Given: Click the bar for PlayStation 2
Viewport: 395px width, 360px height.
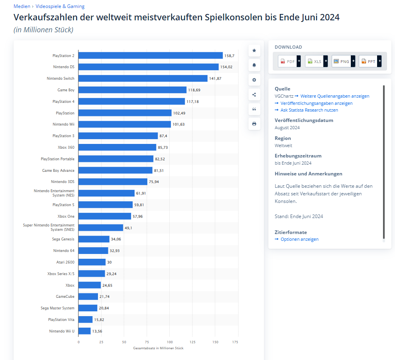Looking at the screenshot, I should [x=151, y=55].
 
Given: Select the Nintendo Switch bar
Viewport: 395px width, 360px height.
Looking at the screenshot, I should [x=143, y=79].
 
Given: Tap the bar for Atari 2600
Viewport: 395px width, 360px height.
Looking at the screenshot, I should [x=92, y=262].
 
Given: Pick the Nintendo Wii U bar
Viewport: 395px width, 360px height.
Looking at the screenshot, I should [x=84, y=331].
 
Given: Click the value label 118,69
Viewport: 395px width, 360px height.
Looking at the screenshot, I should [x=194, y=90].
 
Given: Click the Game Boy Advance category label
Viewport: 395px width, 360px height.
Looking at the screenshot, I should [x=58, y=171].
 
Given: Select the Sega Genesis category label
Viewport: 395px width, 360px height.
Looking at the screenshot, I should [x=63, y=239].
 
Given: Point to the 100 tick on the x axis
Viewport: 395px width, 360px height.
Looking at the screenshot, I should [x=170, y=342].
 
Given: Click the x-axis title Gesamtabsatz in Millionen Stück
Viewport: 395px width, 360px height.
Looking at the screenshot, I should [x=158, y=348].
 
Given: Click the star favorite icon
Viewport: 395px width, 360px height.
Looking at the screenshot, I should [x=254, y=51].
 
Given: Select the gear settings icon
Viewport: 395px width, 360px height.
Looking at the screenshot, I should [x=254, y=80].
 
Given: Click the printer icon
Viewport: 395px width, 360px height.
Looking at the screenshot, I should [x=254, y=124].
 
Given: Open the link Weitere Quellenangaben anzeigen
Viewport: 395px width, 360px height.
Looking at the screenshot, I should [x=334, y=96].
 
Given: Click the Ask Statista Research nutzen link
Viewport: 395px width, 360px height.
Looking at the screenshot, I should [x=309, y=110].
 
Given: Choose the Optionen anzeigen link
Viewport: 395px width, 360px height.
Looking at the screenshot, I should [x=299, y=239].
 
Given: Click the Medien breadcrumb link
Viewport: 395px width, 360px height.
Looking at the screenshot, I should [x=22, y=6].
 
